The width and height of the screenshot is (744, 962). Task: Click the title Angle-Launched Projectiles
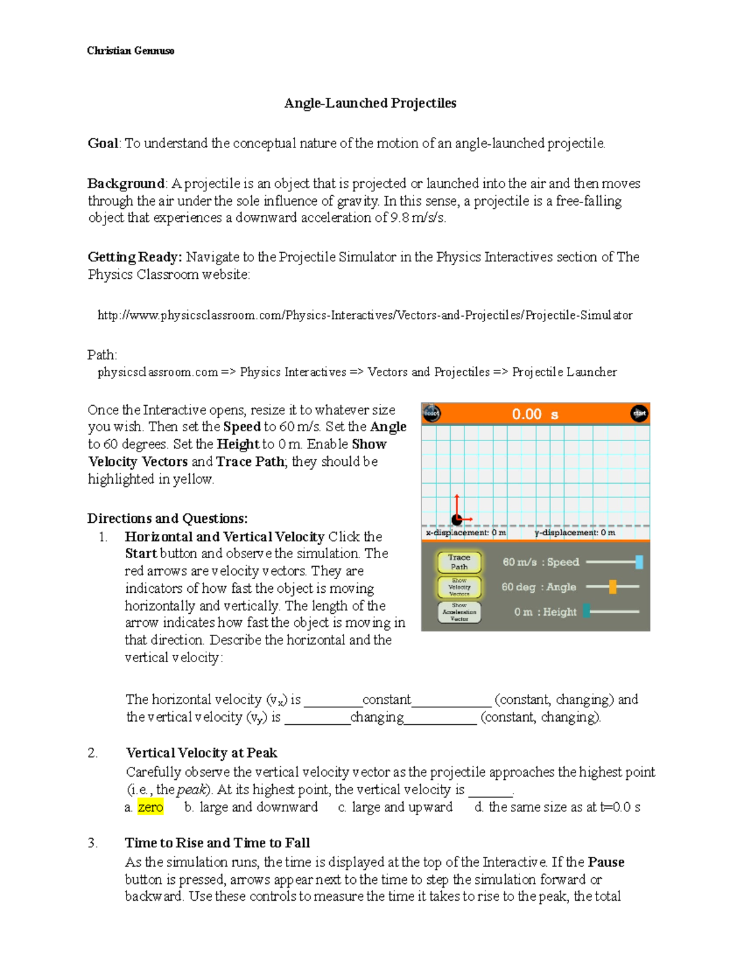tap(370, 103)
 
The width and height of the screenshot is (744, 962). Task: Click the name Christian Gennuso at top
tap(130, 51)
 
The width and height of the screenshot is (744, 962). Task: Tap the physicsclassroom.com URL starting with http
tap(365, 315)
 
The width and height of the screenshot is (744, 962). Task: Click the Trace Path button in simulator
tap(459, 562)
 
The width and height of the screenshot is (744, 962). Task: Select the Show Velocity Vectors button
tap(459, 587)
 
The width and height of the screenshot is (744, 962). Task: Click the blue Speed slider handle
tap(639, 562)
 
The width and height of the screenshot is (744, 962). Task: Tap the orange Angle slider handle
tap(613, 587)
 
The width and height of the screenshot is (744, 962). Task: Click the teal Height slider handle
tap(586, 611)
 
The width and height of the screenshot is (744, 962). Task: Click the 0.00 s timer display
tap(534, 414)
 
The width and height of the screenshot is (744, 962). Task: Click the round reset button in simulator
tap(432, 413)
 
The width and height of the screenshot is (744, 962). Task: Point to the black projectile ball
tap(457, 520)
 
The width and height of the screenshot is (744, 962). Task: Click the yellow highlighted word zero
tap(150, 807)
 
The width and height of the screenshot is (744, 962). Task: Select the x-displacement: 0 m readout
tap(466, 533)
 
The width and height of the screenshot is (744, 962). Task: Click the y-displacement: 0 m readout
tap(575, 533)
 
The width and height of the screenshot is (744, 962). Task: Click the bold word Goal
tap(103, 144)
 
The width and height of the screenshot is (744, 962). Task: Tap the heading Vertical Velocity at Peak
tap(201, 753)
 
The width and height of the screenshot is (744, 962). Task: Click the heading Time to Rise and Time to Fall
tap(217, 842)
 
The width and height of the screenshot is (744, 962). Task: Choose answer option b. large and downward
tap(251, 807)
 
